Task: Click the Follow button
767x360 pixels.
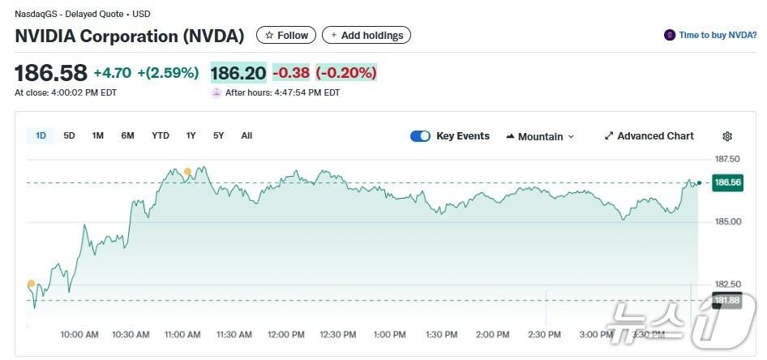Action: coord(286,35)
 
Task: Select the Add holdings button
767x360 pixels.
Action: coord(366,35)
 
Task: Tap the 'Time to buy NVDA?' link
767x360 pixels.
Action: coord(711,35)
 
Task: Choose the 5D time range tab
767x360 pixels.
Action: coord(69,135)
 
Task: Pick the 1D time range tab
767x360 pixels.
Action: coord(41,135)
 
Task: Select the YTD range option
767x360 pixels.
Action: coord(161,135)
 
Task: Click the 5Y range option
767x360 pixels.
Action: coord(219,135)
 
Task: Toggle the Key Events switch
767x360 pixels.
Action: coord(420,136)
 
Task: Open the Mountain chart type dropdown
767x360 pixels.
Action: coord(540,136)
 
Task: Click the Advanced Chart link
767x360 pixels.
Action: coord(649,136)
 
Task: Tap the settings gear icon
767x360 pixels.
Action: coord(727,136)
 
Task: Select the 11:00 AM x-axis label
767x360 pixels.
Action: coord(182,334)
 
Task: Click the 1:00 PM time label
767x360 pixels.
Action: coord(389,334)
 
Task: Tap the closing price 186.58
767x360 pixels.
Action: coord(51,73)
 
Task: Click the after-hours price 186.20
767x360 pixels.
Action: coord(238,73)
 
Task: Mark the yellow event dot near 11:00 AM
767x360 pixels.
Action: coord(187,171)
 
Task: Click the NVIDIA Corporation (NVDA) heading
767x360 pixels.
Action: coord(130,36)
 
